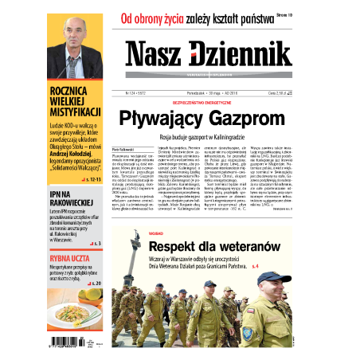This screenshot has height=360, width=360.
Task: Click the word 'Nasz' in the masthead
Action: coord(156,53)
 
